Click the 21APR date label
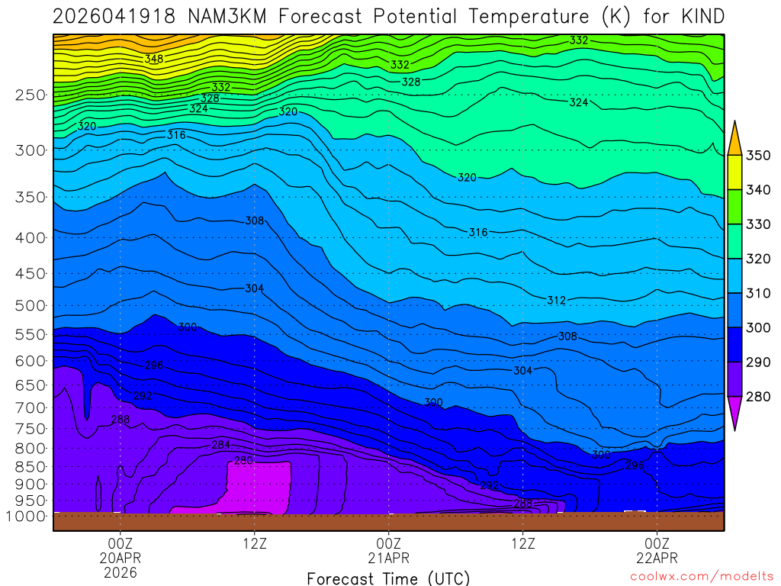coord(388,558)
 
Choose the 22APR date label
coord(657,558)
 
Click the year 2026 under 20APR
coord(121,572)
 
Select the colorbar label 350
coord(758,156)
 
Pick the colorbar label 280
coord(758,397)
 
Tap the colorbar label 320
coord(758,259)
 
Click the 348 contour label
coord(154,58)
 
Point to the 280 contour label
coord(243,461)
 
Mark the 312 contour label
coord(556,301)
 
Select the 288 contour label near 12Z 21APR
coord(523,504)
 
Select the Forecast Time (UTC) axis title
coord(388,578)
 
